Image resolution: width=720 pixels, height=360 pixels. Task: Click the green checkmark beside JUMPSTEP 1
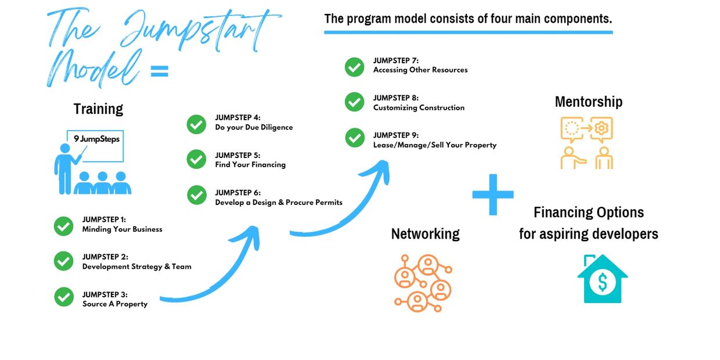click(x=63, y=225)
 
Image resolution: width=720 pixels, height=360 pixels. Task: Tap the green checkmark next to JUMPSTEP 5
click(x=196, y=160)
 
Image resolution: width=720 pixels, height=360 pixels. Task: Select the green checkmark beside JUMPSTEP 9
click(x=354, y=138)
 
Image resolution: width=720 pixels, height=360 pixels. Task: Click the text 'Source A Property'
click(x=115, y=304)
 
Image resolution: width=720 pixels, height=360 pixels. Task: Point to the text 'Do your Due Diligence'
click(x=254, y=127)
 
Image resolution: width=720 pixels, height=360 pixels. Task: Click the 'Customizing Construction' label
click(x=419, y=107)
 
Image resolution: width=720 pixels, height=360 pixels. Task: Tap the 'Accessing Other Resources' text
click(x=420, y=70)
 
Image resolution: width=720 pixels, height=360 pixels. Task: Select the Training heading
click(x=98, y=109)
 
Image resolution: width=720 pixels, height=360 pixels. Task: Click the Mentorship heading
click(x=588, y=102)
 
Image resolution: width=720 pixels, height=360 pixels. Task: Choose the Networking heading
click(x=425, y=233)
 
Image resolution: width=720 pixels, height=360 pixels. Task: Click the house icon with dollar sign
click(x=602, y=279)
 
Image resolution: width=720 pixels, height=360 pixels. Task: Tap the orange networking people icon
click(x=422, y=282)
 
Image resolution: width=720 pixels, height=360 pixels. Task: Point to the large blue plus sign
click(x=493, y=194)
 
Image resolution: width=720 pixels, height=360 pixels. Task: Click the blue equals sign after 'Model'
click(x=159, y=71)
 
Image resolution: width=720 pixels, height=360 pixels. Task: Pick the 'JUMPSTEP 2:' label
click(x=105, y=257)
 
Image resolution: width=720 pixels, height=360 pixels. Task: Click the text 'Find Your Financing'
click(x=250, y=165)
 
